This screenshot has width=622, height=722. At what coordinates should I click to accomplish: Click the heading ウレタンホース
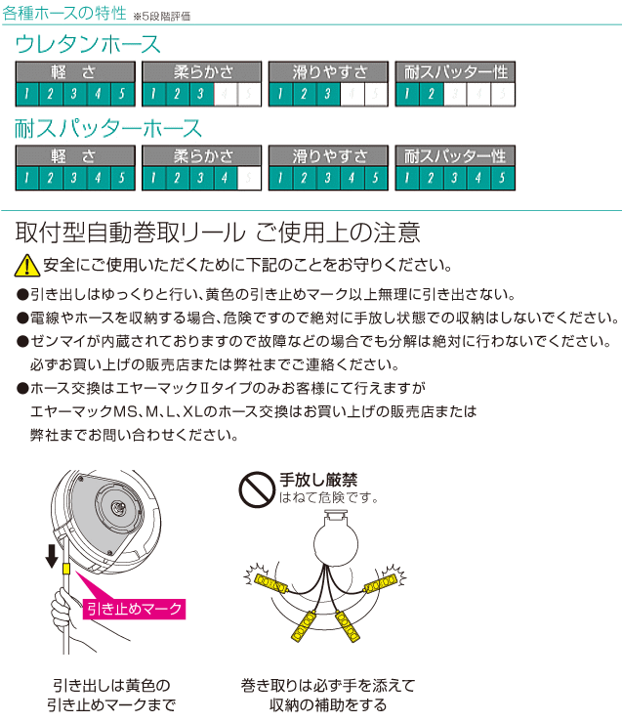pyautogui.click(x=88, y=45)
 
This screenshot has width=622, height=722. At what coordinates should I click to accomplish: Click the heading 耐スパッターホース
pyautogui.click(x=108, y=129)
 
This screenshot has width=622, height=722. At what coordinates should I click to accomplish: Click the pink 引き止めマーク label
pyautogui.click(x=134, y=609)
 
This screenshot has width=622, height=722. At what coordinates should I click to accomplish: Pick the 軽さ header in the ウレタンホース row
pyautogui.click(x=73, y=72)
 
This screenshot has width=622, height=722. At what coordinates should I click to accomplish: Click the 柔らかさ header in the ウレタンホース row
pyautogui.click(x=202, y=72)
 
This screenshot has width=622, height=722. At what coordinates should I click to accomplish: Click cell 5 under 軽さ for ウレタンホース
pyautogui.click(x=121, y=95)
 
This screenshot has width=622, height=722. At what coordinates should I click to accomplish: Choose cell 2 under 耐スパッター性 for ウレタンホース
pyautogui.click(x=431, y=95)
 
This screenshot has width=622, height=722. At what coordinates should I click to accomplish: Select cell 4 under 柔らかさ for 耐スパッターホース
pyautogui.click(x=226, y=179)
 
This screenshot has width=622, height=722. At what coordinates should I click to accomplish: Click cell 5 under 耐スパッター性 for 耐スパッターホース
pyautogui.click(x=502, y=179)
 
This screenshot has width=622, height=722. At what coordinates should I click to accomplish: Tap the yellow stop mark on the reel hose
pyautogui.click(x=65, y=569)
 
